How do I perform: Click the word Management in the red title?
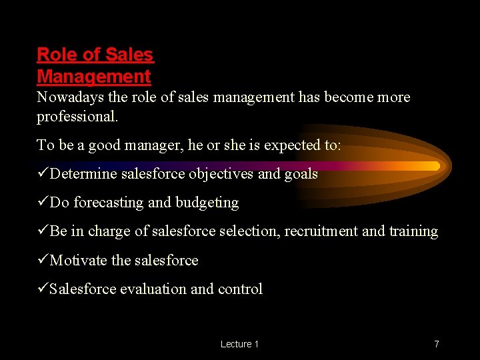[93, 77]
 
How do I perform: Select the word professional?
[77, 117]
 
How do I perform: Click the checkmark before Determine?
[43, 174]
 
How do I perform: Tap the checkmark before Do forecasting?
[43, 203]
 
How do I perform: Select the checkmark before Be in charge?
[43, 231]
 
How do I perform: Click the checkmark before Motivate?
[43, 260]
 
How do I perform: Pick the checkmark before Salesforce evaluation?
[43, 289]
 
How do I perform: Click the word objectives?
[221, 175]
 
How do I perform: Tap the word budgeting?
[207, 203]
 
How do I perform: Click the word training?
[414, 231]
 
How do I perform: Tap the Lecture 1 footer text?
[239, 344]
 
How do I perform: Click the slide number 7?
[437, 344]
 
